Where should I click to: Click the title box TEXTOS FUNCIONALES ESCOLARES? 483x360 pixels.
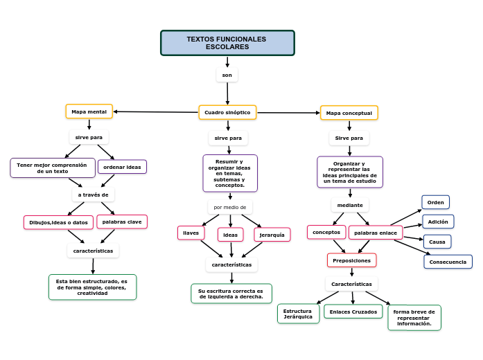(x=227, y=43)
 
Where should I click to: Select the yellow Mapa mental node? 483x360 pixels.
(x=89, y=111)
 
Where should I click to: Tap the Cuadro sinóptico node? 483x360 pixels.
(x=227, y=112)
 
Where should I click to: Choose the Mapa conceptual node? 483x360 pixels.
(x=349, y=113)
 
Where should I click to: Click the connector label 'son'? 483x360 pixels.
(x=227, y=75)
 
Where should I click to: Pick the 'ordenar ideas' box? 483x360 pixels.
(x=122, y=167)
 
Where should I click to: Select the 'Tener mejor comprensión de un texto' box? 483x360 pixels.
(x=52, y=168)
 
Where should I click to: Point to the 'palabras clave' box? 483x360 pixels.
(x=122, y=222)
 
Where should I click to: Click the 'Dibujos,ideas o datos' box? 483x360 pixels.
(x=58, y=222)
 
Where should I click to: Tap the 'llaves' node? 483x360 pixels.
(x=191, y=233)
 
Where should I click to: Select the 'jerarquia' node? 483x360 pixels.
(x=272, y=235)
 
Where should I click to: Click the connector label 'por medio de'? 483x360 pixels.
(x=230, y=207)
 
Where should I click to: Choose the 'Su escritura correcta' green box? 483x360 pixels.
(x=231, y=294)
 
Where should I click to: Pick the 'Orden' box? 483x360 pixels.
(x=435, y=202)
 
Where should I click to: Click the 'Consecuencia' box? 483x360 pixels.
(x=448, y=262)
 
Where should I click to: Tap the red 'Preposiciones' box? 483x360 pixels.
(x=351, y=260)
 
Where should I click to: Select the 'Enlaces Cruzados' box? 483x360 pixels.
(x=353, y=312)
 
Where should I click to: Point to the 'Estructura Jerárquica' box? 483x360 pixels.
(x=298, y=314)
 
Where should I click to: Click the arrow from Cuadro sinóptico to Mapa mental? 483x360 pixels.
(x=156, y=111)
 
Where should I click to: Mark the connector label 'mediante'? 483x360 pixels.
(x=350, y=205)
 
